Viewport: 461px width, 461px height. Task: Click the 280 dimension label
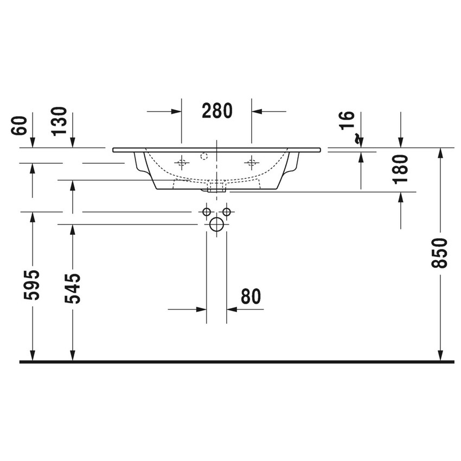(x=217, y=111)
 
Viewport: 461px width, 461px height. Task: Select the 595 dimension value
(x=33, y=285)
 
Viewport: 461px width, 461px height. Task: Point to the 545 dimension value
(x=73, y=288)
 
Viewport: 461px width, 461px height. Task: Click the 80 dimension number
(x=250, y=297)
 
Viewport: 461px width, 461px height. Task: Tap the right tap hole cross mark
(x=251, y=162)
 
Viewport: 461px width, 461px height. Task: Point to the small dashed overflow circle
(x=204, y=157)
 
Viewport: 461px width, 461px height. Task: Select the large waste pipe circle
(x=217, y=224)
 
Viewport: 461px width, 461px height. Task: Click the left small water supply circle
(x=207, y=211)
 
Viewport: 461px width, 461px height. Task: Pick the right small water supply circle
(x=227, y=211)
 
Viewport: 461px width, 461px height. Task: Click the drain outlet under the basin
(x=217, y=188)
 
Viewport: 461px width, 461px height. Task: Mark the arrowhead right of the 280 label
(x=257, y=111)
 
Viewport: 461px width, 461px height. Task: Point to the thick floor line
(x=236, y=361)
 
